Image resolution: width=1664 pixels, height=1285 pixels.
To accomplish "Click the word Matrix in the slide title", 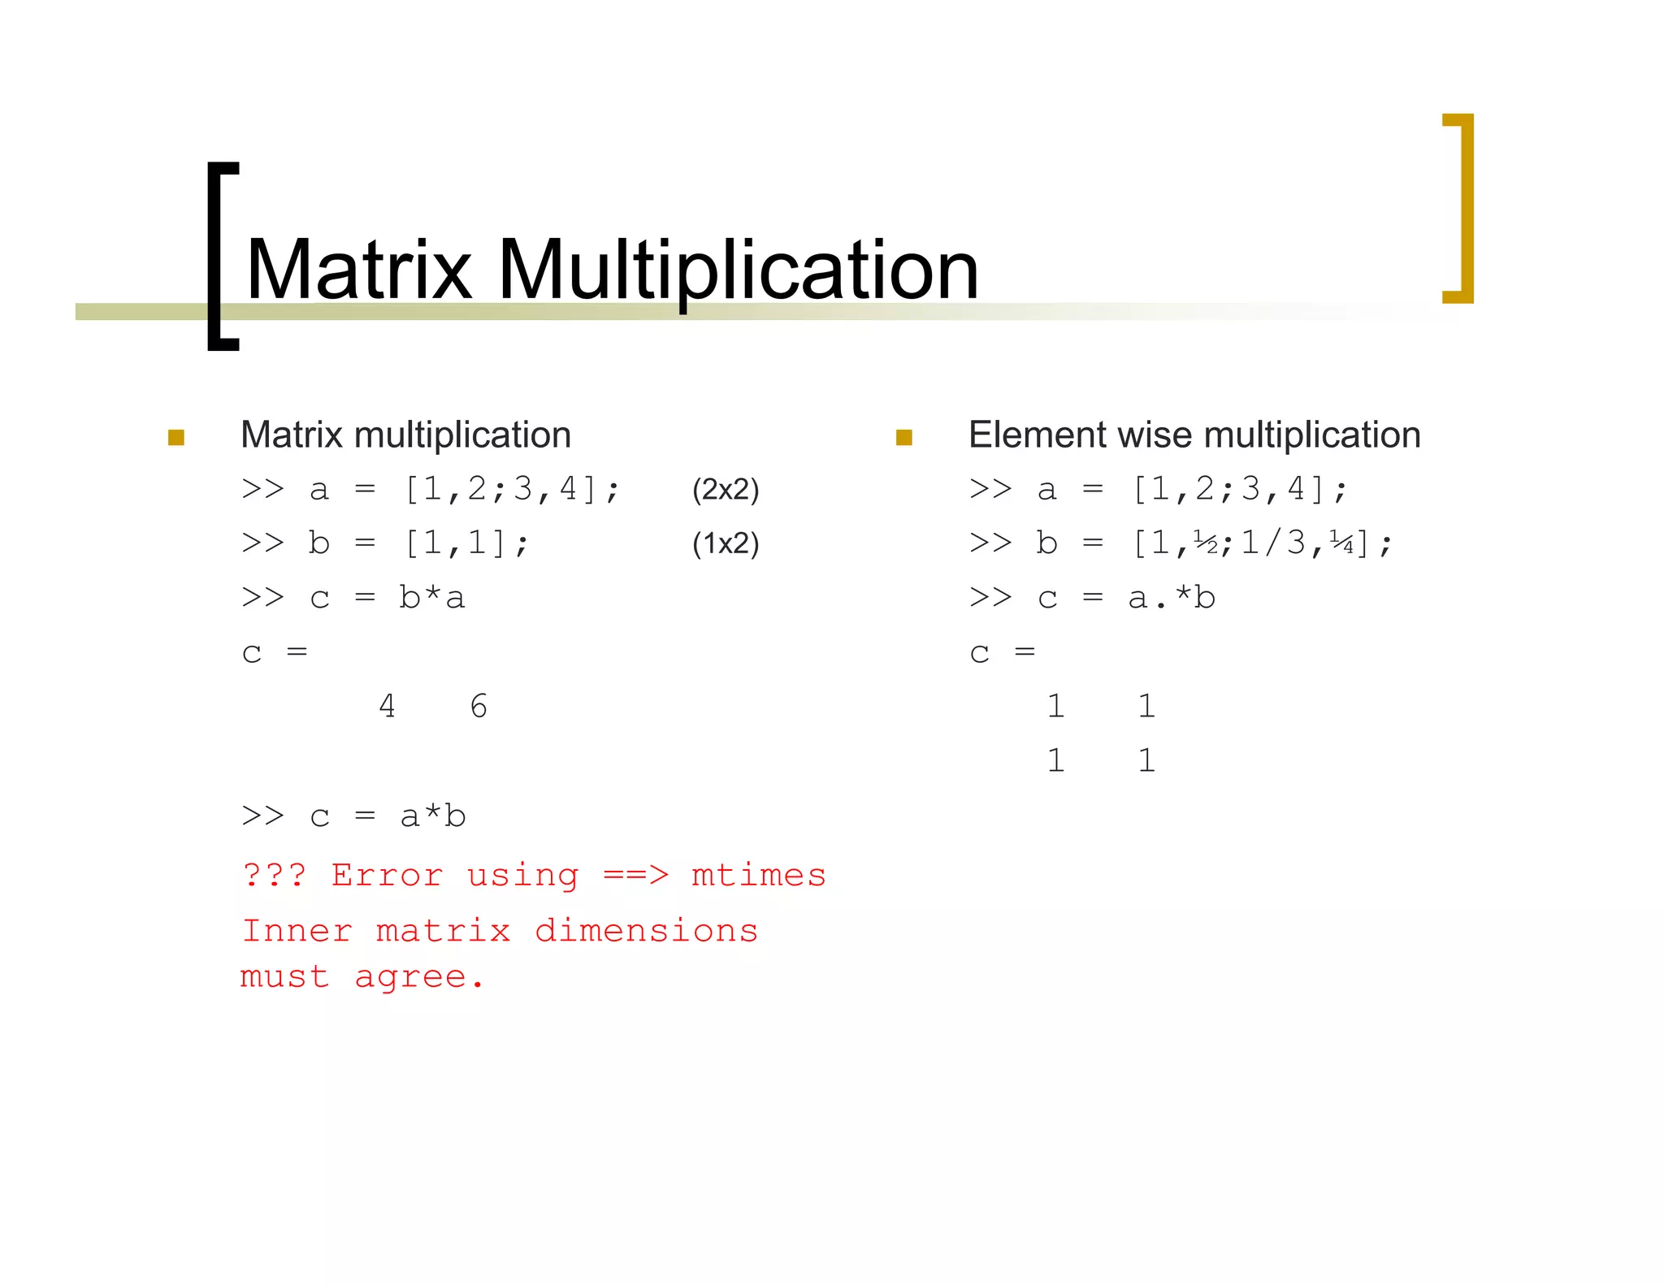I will tap(358, 270).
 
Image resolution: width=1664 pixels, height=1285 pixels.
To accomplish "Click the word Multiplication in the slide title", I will tap(737, 270).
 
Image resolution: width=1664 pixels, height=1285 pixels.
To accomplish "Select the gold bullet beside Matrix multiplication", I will tap(176, 438).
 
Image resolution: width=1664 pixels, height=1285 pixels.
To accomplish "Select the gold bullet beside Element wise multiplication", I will tap(903, 438).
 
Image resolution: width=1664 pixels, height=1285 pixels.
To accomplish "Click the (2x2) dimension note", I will tap(725, 490).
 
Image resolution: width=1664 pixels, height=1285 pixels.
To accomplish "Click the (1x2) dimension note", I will tap(725, 543).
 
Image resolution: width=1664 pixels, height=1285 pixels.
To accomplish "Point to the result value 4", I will tap(387, 706).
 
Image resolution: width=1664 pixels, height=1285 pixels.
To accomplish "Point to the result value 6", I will tap(479, 706).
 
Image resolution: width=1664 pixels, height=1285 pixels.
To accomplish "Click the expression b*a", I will tap(431, 598).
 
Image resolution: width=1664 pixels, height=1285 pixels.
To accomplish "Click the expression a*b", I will tap(432, 816).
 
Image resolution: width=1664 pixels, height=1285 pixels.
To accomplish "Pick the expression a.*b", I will tap(1171, 598).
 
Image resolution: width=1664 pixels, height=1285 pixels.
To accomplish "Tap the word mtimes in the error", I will tap(758, 876).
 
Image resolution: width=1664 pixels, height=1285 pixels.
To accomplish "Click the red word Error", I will tap(387, 876).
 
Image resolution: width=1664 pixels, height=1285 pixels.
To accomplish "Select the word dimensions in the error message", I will tap(646, 931).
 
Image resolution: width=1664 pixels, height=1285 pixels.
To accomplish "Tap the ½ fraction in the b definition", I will tap(1205, 543).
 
